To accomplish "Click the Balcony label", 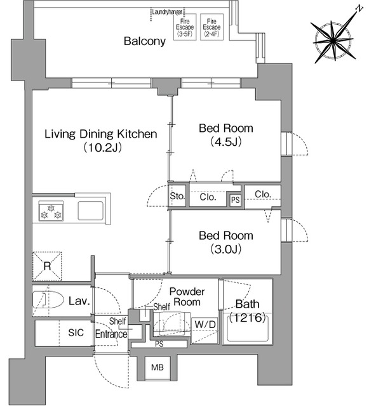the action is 144,41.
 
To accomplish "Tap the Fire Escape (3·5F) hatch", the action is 185,27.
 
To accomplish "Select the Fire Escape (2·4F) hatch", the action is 211,27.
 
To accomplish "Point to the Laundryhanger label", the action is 167,12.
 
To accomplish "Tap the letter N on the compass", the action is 359,9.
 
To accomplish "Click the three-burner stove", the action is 51,211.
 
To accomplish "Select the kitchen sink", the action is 90,210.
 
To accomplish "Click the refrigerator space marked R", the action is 47,266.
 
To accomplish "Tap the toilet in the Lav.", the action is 48,300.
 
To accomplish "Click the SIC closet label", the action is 76,332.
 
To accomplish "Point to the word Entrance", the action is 111,334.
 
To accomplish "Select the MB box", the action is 158,368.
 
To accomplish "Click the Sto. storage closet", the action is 177,196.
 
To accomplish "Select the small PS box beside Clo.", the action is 236,200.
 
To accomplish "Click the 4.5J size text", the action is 226,142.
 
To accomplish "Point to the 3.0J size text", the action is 226,249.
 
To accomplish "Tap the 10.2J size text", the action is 103,148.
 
